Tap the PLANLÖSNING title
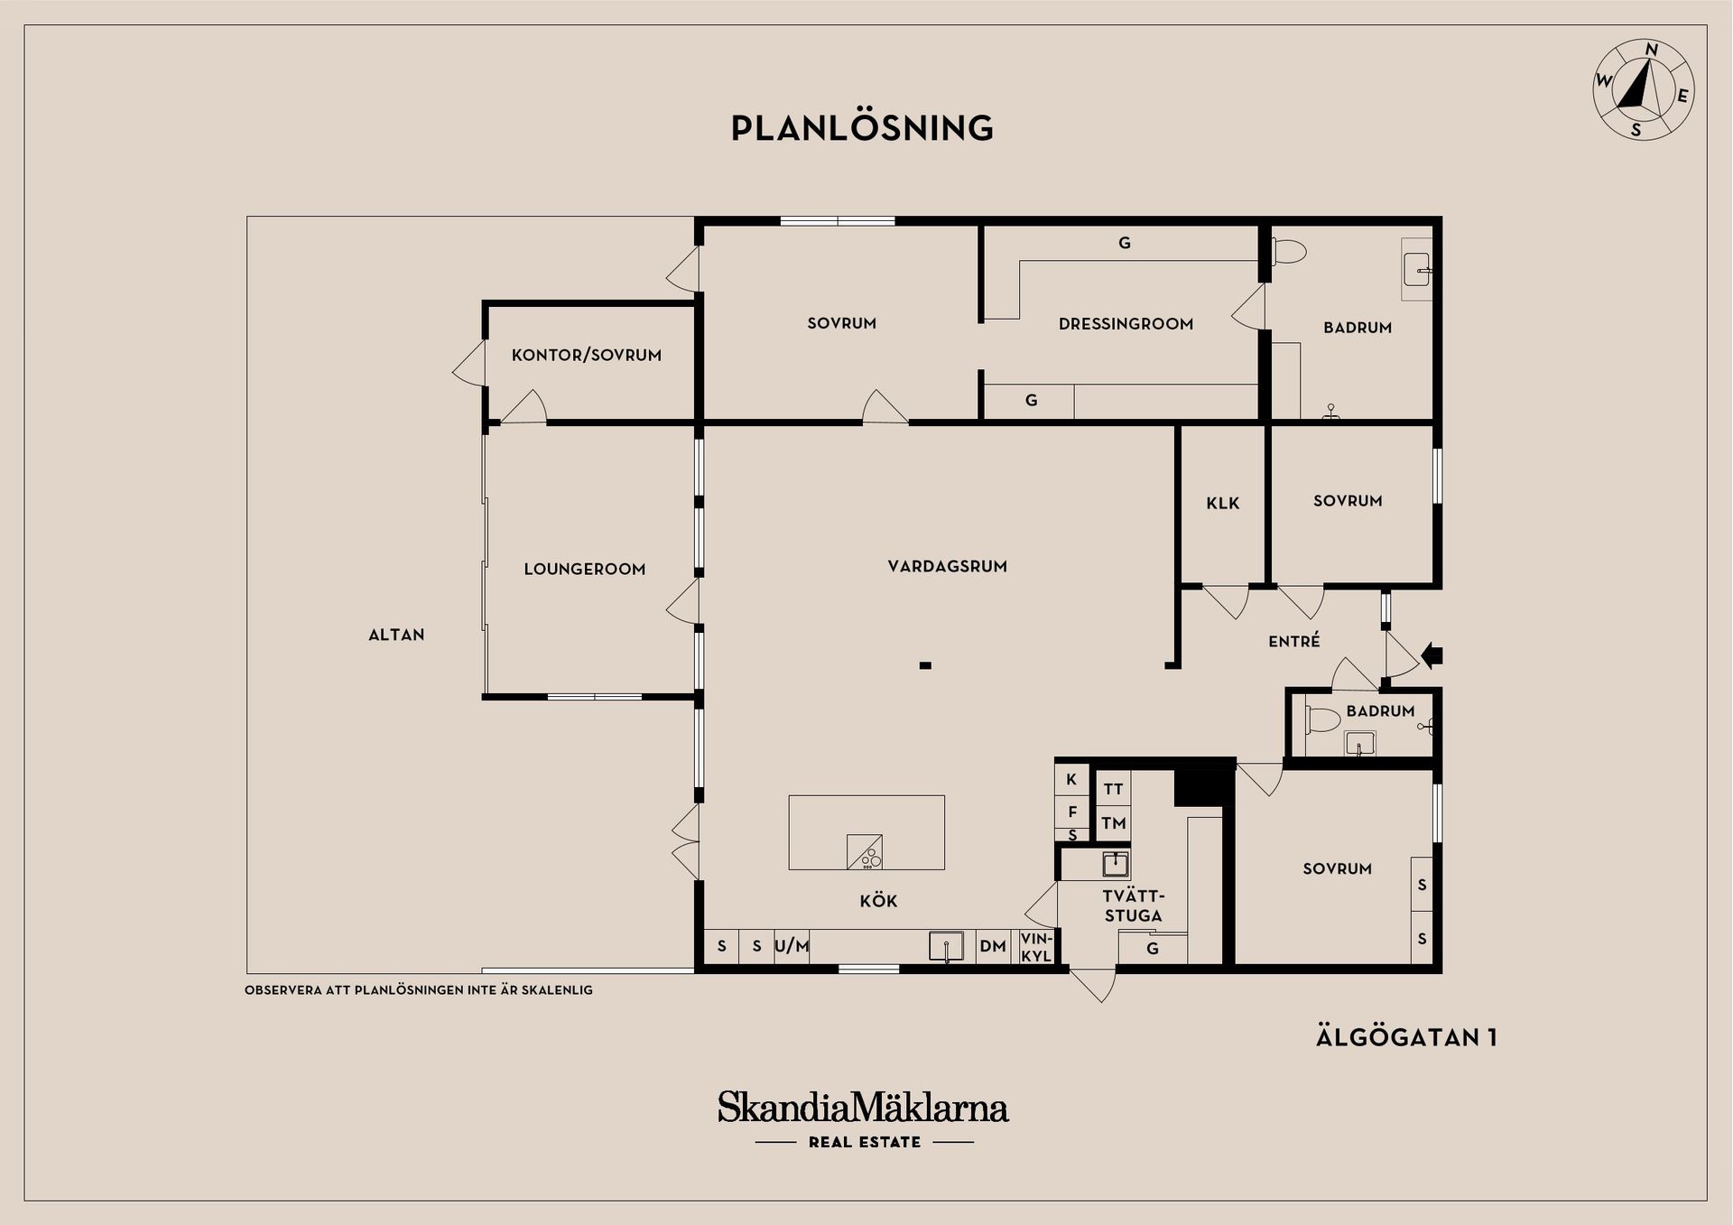pyautogui.click(x=862, y=128)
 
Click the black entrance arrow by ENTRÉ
pyautogui.click(x=1432, y=655)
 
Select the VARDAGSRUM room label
pyautogui.click(x=947, y=567)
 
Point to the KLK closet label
pyautogui.click(x=1223, y=504)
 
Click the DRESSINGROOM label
pyautogui.click(x=1126, y=324)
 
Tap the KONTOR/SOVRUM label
pyautogui.click(x=587, y=356)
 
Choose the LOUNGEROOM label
pyautogui.click(x=585, y=570)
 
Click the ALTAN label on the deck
pyautogui.click(x=396, y=636)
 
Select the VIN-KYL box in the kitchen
pyautogui.click(x=1036, y=947)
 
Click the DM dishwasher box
pyautogui.click(x=993, y=947)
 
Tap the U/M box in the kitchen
pyautogui.click(x=792, y=947)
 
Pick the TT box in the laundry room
pyautogui.click(x=1113, y=789)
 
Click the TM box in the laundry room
pyautogui.click(x=1113, y=823)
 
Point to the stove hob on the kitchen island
pyautogui.click(x=864, y=852)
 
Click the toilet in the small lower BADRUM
pyautogui.click(x=1322, y=720)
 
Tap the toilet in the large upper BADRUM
pyautogui.click(x=1289, y=251)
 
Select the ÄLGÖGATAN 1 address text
pyautogui.click(x=1406, y=1038)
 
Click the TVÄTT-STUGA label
pyautogui.click(x=1134, y=906)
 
